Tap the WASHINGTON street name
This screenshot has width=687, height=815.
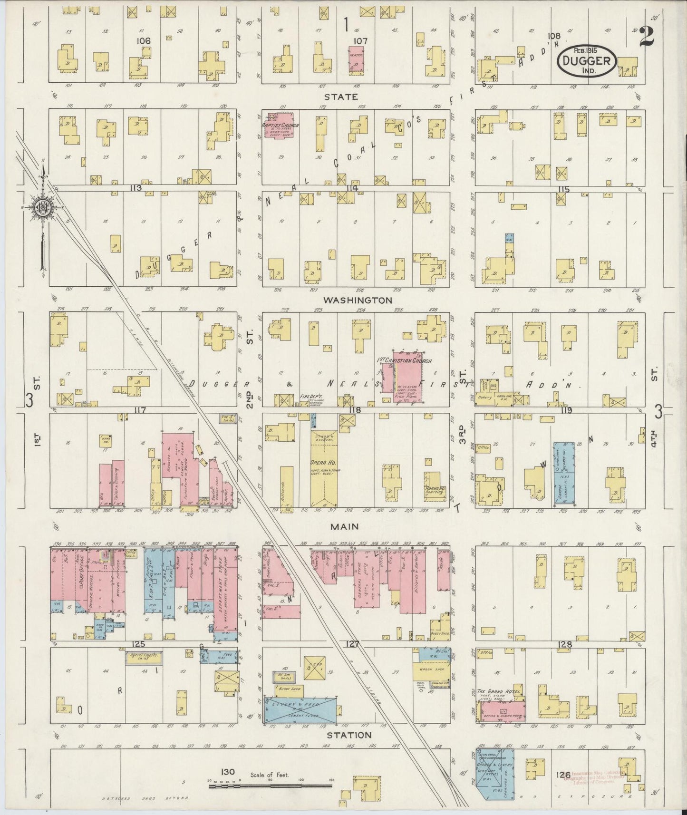(358, 301)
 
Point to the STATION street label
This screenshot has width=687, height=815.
(348, 735)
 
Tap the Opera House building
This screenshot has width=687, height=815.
(324, 468)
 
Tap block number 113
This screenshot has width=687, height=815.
(136, 188)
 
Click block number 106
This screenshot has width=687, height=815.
(144, 41)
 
